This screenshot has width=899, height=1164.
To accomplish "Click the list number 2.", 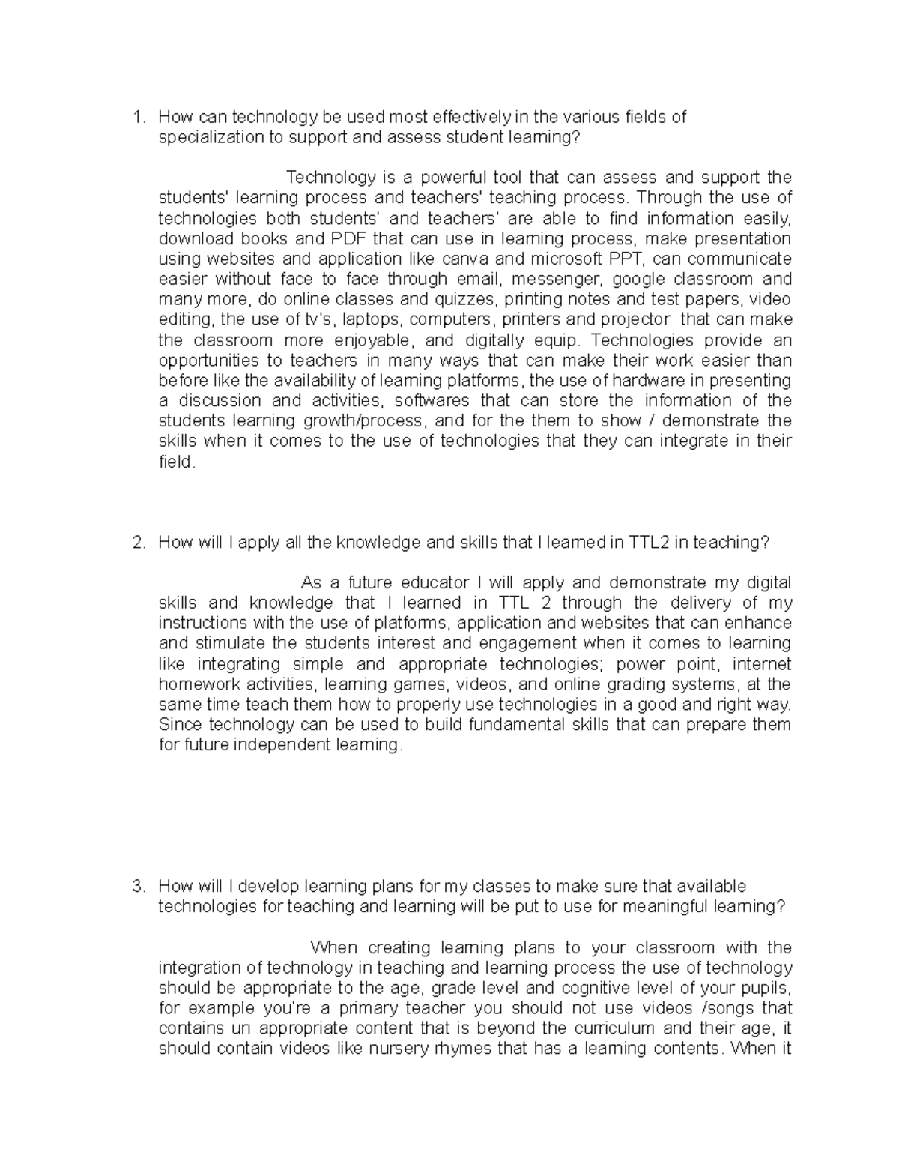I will click(136, 543).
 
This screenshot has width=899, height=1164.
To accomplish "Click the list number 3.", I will click(136, 887).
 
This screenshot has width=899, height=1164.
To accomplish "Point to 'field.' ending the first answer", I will click(177, 462).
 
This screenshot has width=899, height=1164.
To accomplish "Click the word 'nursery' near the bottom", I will click(392, 1048).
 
